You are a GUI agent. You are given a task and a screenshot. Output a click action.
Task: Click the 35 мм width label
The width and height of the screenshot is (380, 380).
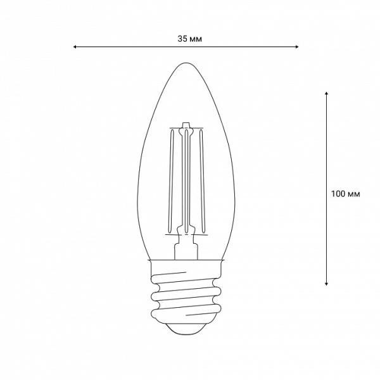click(189, 39)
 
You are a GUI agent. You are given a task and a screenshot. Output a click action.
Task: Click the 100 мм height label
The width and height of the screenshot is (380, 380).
click(346, 194)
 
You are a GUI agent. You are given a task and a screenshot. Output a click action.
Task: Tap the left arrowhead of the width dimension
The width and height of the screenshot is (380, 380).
click(75, 47)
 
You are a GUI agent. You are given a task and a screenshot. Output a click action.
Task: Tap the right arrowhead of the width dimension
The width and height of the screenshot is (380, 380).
click(297, 47)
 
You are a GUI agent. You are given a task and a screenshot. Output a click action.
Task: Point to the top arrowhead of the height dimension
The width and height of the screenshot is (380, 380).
click(326, 93)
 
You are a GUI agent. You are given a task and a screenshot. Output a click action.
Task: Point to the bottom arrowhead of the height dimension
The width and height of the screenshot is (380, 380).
click(326, 284)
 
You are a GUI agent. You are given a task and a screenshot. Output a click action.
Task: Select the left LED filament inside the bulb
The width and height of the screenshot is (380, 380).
click(171, 180)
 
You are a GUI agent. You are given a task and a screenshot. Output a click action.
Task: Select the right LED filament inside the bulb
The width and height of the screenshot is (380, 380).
click(202, 180)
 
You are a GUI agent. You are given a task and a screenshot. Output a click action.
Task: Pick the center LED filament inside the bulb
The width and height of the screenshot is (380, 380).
click(186, 180)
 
